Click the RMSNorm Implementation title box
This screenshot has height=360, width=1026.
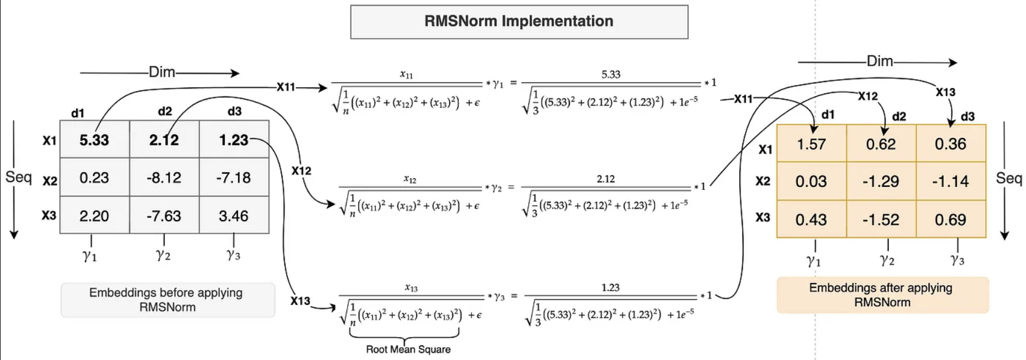pyautogui.click(x=519, y=22)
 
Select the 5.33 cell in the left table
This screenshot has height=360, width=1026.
pyautogui.click(x=94, y=140)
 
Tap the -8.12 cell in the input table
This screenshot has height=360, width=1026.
pyautogui.click(x=164, y=177)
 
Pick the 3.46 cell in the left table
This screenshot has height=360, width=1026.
pyautogui.click(x=234, y=215)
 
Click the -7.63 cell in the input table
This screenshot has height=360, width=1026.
pyautogui.click(x=164, y=215)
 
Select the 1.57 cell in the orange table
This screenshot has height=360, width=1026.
pyautogui.click(x=811, y=144)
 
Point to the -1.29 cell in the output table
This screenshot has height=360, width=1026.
pyautogui.click(x=881, y=181)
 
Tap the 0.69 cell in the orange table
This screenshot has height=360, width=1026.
pyautogui.click(x=950, y=219)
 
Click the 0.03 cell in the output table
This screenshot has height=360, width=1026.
pyautogui.click(x=811, y=181)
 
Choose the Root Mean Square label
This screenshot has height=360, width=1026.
pyautogui.click(x=408, y=349)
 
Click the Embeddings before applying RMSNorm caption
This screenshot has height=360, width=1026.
pyautogui.click(x=168, y=300)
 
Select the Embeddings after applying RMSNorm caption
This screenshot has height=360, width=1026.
pyautogui.click(x=882, y=295)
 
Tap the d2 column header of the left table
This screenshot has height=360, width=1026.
pyautogui.click(x=165, y=111)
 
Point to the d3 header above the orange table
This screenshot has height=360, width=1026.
pyautogui.click(x=968, y=117)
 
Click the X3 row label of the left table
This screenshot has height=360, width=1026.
pyautogui.click(x=49, y=216)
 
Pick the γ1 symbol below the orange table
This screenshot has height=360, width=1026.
pyautogui.click(x=813, y=260)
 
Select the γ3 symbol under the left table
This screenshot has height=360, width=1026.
pyautogui.click(x=233, y=254)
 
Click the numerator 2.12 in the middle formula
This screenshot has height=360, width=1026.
pyautogui.click(x=606, y=179)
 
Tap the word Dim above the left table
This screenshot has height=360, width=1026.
pyautogui.click(x=162, y=72)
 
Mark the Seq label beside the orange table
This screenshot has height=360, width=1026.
pyautogui.click(x=1008, y=178)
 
